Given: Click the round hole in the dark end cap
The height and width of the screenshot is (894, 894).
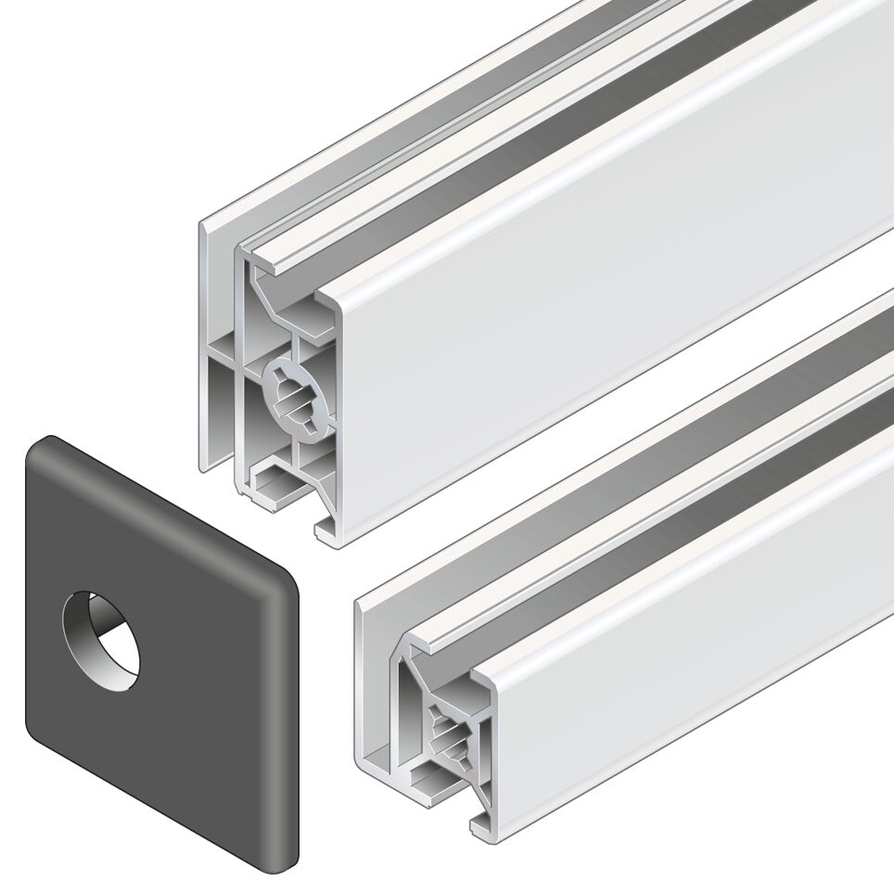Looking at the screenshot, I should [102, 641].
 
